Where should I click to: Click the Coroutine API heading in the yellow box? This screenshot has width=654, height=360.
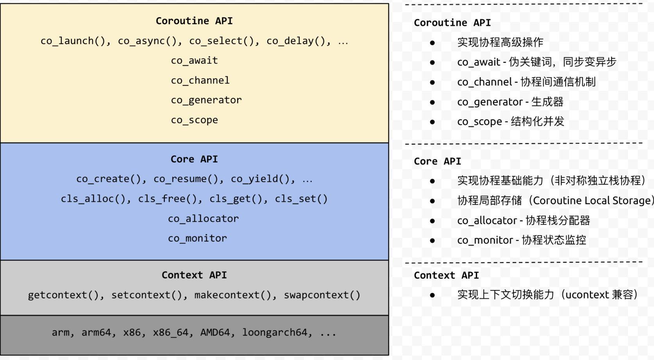pyautogui.click(x=194, y=21)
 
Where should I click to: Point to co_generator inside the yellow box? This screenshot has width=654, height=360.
pyautogui.click(x=206, y=100)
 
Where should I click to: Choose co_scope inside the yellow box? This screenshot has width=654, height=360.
pyautogui.click(x=195, y=120)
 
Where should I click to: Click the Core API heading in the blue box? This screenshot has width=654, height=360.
pyautogui.click(x=194, y=159)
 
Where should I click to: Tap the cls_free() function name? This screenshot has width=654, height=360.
pyautogui.click(x=168, y=199)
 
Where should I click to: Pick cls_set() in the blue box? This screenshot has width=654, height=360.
pyautogui.click(x=301, y=199)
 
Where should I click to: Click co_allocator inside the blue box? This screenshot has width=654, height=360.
pyautogui.click(x=203, y=219)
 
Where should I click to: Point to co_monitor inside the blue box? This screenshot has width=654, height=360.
pyautogui.click(x=197, y=239)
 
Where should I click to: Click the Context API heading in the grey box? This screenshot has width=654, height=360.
pyautogui.click(x=194, y=275)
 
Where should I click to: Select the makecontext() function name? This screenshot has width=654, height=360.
pyautogui.click(x=233, y=295)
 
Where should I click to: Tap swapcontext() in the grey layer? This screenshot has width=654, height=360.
pyautogui.click(x=322, y=295)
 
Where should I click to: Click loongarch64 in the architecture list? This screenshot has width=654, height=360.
pyautogui.click(x=274, y=333)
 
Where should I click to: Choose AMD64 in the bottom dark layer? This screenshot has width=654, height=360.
pyautogui.click(x=215, y=332)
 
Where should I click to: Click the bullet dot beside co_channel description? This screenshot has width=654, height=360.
pyautogui.click(x=432, y=82)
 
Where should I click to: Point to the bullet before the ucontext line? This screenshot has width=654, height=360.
pyautogui.click(x=432, y=295)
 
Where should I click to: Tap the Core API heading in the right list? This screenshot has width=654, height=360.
pyautogui.click(x=437, y=161)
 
